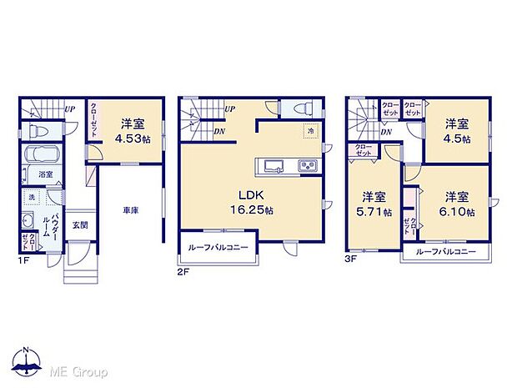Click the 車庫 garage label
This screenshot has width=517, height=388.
pos(129,211)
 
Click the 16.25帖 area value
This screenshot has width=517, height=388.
pos(249,211)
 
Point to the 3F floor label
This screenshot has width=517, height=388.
pos(351,260)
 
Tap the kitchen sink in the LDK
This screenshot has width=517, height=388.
pos(275,166)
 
